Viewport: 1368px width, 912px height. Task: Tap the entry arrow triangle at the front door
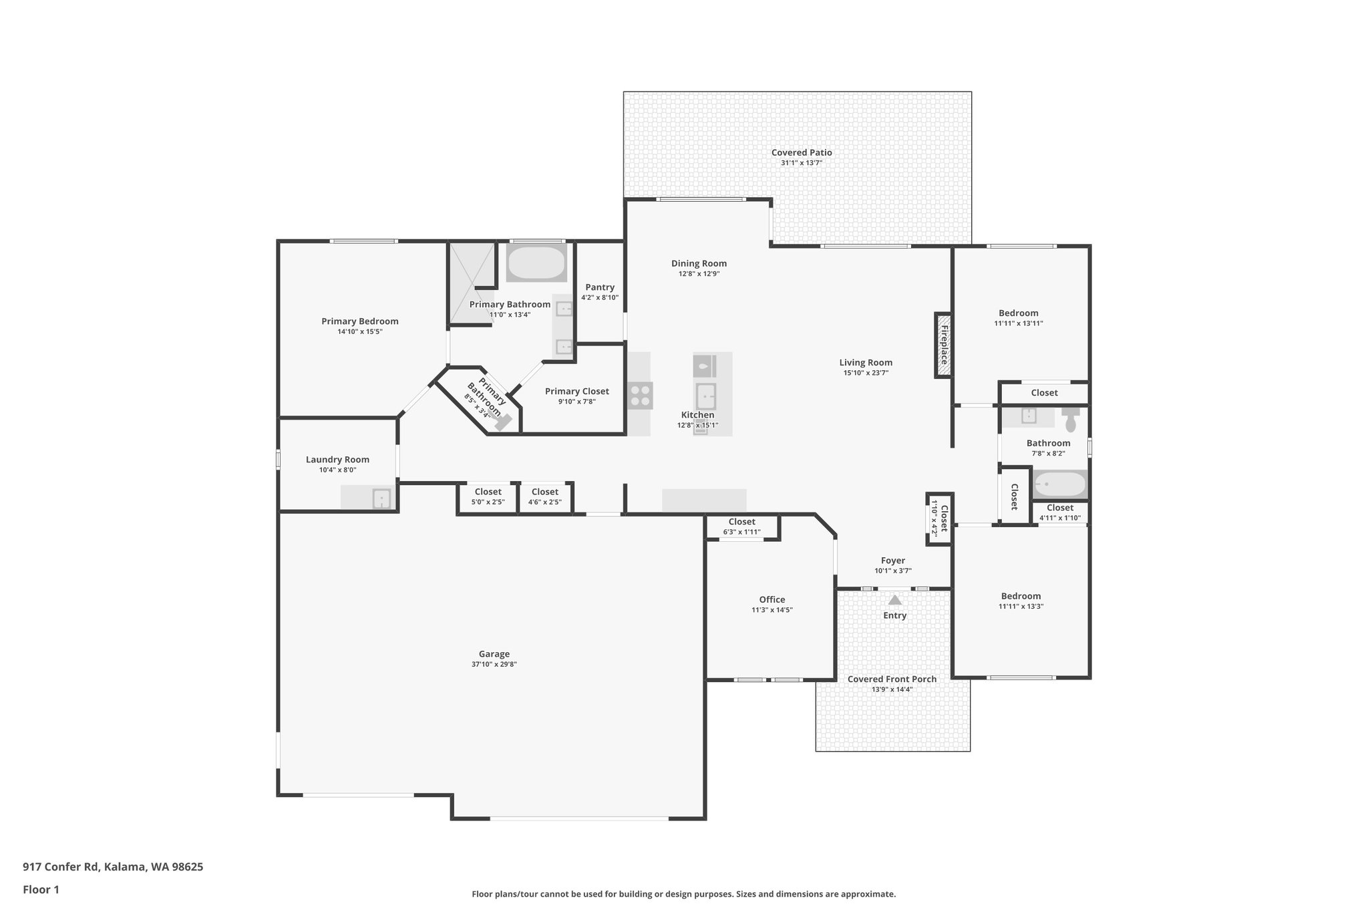(894, 600)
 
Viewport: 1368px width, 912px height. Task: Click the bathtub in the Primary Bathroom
(536, 263)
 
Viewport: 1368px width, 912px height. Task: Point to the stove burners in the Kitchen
(640, 396)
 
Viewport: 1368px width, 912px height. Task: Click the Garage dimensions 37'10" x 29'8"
(494, 664)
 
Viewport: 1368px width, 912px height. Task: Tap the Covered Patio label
(802, 152)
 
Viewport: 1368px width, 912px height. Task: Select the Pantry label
(599, 287)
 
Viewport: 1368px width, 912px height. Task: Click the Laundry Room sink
(381, 498)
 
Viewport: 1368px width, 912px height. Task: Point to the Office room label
(772, 599)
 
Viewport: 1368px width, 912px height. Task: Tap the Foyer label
(892, 561)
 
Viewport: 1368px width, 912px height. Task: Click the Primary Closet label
(576, 392)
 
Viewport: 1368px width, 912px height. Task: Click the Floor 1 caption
(41, 889)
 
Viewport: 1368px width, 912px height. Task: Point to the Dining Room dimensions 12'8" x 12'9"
(699, 274)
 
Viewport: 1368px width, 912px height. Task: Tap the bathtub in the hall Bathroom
(1059, 484)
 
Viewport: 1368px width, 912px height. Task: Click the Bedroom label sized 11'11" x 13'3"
(1020, 596)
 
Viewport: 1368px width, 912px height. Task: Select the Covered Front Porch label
(892, 679)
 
